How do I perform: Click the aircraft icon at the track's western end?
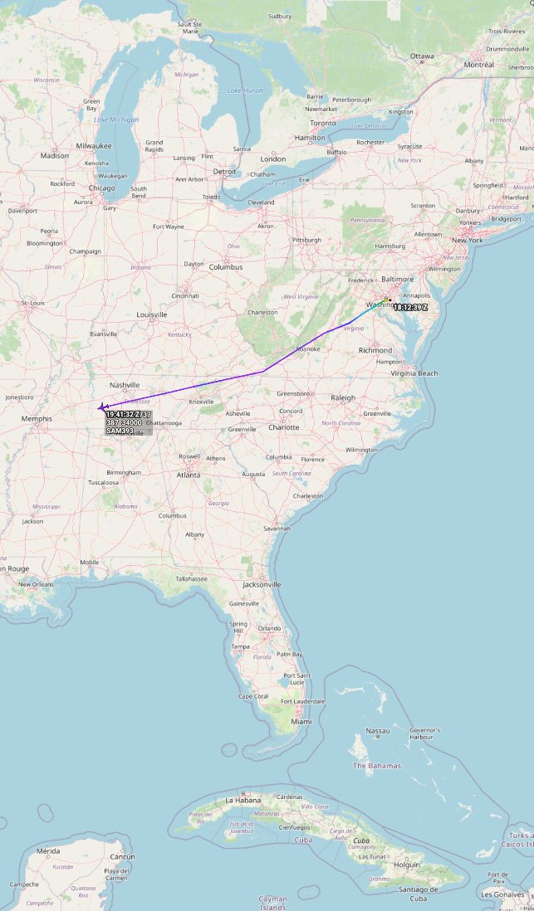click(100, 407)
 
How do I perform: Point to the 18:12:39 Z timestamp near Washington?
click(410, 308)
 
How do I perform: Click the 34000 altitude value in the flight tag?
click(131, 423)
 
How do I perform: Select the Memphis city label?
click(37, 419)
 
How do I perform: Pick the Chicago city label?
click(102, 188)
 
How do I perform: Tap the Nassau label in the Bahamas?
click(378, 731)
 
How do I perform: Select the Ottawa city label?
click(422, 56)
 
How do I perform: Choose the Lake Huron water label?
click(245, 90)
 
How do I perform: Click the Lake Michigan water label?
click(116, 120)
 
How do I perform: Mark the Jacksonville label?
click(262, 584)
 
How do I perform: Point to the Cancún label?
click(122, 856)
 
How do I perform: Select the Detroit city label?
click(224, 172)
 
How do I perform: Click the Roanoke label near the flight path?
click(308, 349)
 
